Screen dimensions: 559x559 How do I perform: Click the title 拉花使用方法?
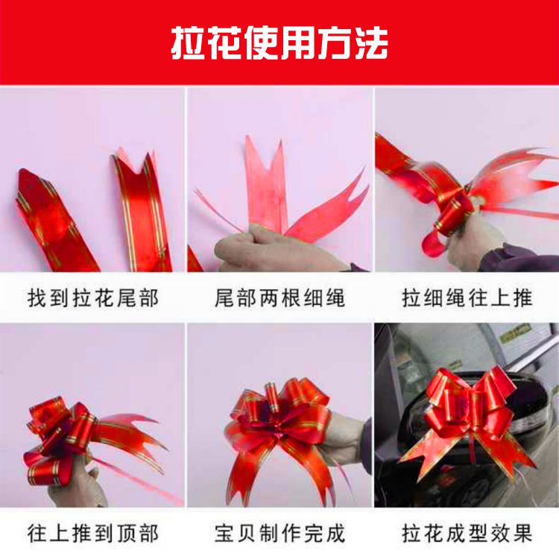(279, 43)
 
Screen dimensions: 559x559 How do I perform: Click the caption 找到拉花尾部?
(92, 298)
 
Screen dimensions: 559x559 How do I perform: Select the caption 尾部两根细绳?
(279, 298)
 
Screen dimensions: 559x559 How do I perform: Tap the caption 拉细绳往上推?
(467, 298)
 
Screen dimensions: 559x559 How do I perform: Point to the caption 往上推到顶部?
(92, 534)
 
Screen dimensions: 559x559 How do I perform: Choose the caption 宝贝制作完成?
(279, 534)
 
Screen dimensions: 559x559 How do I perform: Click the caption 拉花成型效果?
(467, 534)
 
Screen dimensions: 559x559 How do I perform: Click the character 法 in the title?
(370, 43)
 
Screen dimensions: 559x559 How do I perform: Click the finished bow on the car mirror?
(468, 420)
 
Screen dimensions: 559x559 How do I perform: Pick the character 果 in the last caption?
(522, 534)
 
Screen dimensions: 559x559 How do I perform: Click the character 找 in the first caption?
(37, 298)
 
